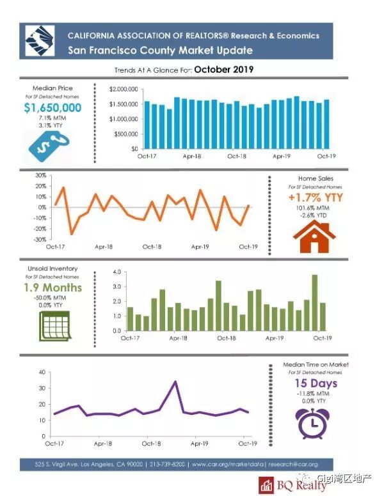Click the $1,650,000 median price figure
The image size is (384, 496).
click(x=52, y=108)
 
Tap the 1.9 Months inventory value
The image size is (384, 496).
click(x=52, y=288)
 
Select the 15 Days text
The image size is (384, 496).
click(x=316, y=384)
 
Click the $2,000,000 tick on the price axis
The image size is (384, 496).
click(x=123, y=89)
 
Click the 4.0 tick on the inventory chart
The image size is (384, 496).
click(x=116, y=272)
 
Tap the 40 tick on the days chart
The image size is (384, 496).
click(x=41, y=372)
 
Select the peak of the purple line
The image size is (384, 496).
click(x=175, y=382)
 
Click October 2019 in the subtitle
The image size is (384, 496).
click(x=226, y=68)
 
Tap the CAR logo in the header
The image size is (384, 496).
click(x=40, y=42)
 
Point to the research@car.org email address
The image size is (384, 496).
click(x=293, y=464)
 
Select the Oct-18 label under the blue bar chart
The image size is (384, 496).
click(x=237, y=156)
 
